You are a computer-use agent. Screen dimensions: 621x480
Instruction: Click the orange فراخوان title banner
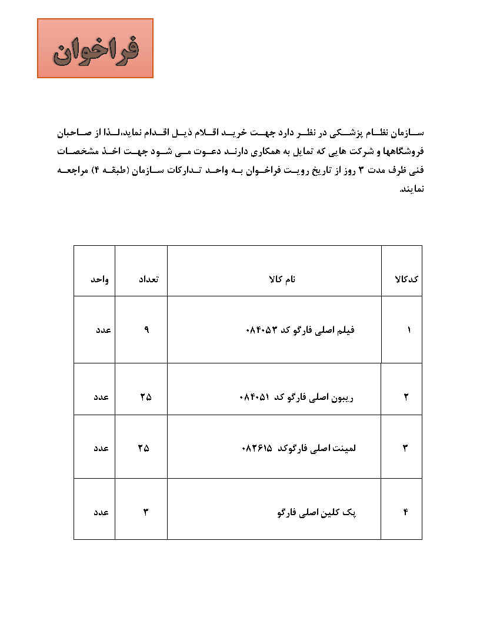(x=95, y=48)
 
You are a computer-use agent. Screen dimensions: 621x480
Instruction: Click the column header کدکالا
(x=406, y=279)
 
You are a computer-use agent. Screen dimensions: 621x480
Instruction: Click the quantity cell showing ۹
(x=146, y=330)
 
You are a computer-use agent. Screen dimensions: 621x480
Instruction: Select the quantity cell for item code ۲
(x=145, y=396)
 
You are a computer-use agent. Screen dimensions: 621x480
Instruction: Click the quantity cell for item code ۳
(x=144, y=448)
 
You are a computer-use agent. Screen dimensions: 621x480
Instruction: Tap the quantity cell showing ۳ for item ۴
(x=145, y=512)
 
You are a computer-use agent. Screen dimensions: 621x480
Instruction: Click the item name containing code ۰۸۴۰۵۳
(x=299, y=330)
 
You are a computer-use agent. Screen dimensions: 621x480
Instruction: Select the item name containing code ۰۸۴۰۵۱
(x=298, y=396)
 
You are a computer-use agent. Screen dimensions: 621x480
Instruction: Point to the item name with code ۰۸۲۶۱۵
(x=299, y=448)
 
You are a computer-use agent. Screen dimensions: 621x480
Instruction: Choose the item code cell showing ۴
(x=406, y=512)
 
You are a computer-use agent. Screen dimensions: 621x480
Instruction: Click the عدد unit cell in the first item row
(x=103, y=330)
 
